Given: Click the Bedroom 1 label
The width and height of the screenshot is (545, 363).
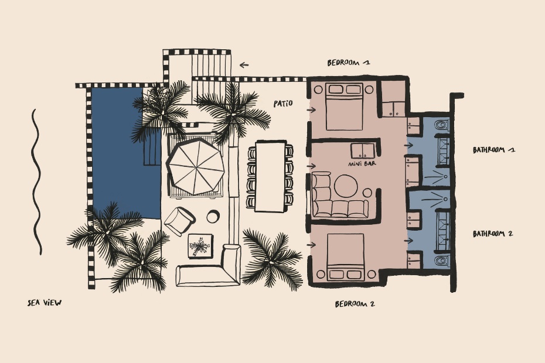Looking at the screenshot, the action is pos(349,63).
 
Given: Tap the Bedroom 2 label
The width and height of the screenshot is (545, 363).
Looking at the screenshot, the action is pos(355,304).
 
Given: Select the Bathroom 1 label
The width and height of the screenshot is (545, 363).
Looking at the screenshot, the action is pos(494,150).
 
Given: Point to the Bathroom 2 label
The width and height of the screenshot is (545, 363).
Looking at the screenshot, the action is pos(493,234).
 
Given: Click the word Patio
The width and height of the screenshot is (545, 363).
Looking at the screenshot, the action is pos(283,104).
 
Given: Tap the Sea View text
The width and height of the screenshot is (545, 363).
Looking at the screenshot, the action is pos(45,303).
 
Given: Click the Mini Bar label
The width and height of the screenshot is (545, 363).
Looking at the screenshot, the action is pos(362,163).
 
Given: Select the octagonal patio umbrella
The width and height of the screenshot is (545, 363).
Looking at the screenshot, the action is pos(195,166).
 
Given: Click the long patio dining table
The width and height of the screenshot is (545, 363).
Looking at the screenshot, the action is pos(270,176).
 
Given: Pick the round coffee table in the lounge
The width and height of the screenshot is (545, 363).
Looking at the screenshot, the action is pos(346,186).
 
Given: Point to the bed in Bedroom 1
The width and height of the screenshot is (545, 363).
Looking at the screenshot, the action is pos(345,107).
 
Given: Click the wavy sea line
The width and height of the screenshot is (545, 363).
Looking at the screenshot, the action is pos(37,182).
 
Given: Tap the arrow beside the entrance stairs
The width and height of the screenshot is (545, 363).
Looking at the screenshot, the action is pos(244,64).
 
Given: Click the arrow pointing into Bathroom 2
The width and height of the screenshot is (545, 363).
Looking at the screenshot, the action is pos(409,241).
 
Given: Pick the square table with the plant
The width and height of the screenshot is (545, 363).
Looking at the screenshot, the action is pos(200,246).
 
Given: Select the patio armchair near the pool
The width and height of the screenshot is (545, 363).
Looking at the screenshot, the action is pos(179,221).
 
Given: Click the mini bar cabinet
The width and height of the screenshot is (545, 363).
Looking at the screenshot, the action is pos(363,151).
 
